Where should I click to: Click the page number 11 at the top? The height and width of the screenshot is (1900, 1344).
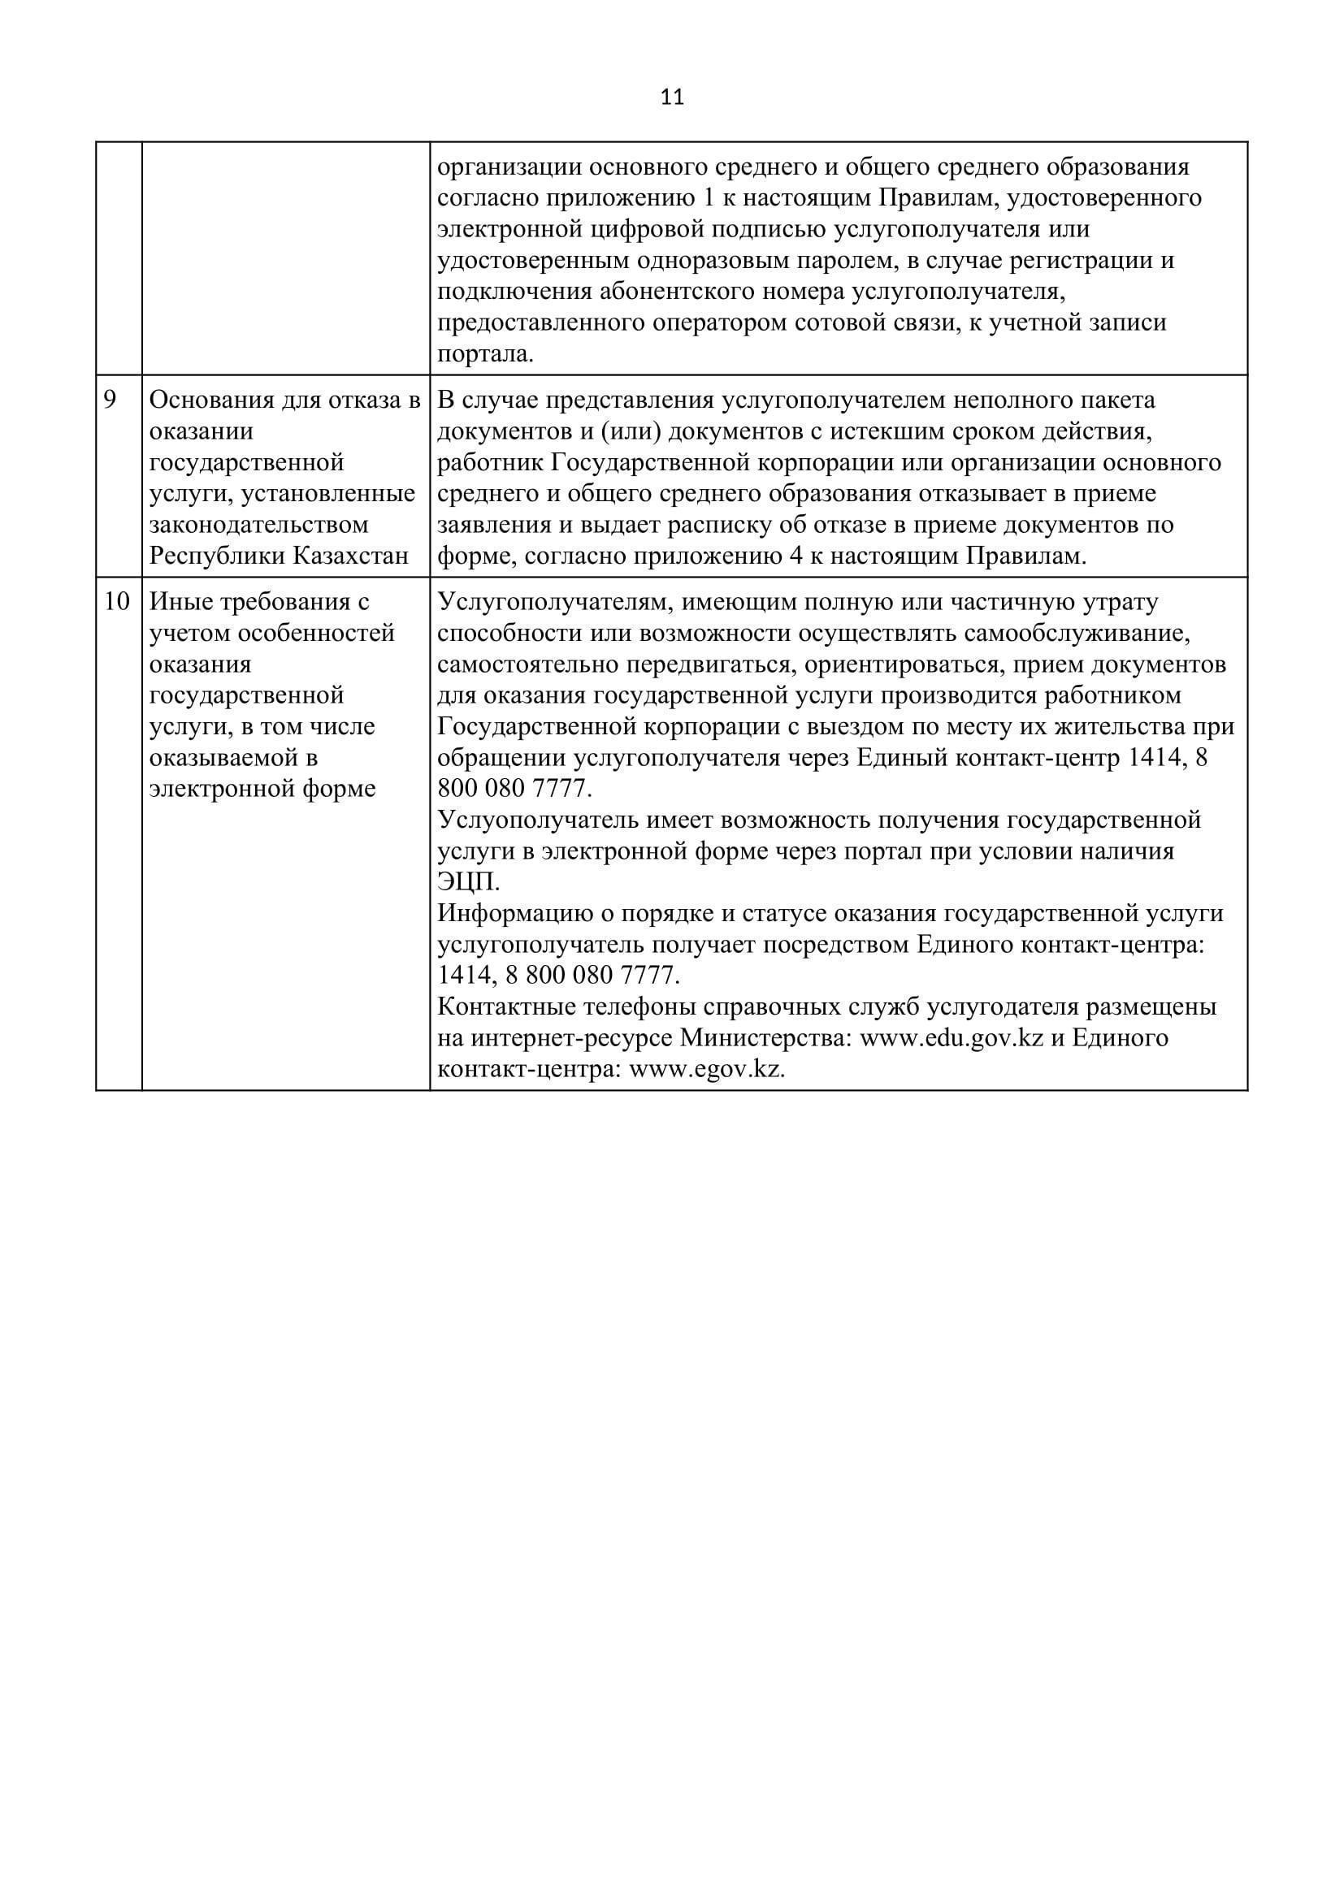pyautogui.click(x=672, y=97)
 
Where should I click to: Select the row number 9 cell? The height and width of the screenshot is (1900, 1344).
pyautogui.click(x=110, y=400)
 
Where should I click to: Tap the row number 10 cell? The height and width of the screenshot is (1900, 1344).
pyautogui.click(x=117, y=602)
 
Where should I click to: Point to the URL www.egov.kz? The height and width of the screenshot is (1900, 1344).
pyautogui.click(x=707, y=1069)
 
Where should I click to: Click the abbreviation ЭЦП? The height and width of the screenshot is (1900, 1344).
pyautogui.click(x=467, y=882)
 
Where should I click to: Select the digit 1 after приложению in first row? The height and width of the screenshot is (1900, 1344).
pyautogui.click(x=708, y=198)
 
